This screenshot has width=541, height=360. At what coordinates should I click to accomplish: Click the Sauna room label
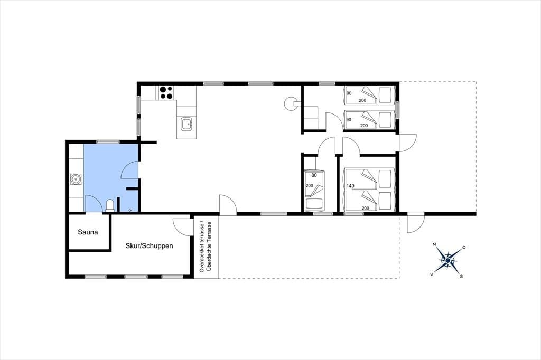pyautogui.click(x=88, y=232)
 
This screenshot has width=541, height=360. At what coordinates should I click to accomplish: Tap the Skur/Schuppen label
pyautogui.click(x=149, y=246)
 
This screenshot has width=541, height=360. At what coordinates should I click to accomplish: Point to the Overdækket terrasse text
pyautogui.click(x=202, y=247)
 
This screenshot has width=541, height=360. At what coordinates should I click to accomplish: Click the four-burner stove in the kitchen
pyautogui.click(x=166, y=93)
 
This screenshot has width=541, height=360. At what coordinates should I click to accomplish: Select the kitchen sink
pyautogui.click(x=186, y=124)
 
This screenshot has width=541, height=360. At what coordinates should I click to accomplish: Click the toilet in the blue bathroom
pyautogui.click(x=110, y=205)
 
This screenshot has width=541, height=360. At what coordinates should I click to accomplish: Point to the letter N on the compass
pyautogui.click(x=434, y=244)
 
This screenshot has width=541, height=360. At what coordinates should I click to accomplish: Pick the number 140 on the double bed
pyautogui.click(x=350, y=186)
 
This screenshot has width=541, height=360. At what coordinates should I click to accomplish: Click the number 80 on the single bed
pyautogui.click(x=314, y=175)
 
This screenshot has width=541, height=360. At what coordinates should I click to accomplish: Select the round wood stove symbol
pyautogui.click(x=290, y=103)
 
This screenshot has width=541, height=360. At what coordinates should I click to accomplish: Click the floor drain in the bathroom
pyautogui.click(x=130, y=210)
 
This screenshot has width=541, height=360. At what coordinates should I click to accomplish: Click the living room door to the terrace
pyautogui.click(x=228, y=204)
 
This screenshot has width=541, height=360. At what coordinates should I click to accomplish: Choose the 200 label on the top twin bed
pyautogui.click(x=362, y=100)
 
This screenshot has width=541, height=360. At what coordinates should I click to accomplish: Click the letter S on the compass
pyautogui.click(x=461, y=277)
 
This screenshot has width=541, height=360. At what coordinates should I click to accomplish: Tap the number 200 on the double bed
pyautogui.click(x=366, y=208)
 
